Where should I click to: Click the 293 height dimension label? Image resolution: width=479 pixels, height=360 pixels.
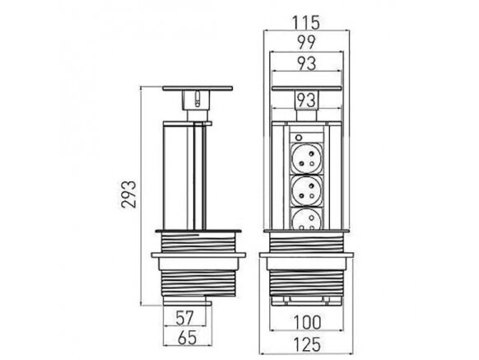[x=128, y=194]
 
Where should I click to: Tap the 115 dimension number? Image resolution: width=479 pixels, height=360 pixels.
[x=306, y=22]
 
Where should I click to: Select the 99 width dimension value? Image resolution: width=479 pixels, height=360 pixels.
[x=306, y=43]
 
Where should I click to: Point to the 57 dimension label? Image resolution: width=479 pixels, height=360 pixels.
[x=185, y=318]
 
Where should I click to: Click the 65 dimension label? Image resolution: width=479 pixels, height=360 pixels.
[x=188, y=338]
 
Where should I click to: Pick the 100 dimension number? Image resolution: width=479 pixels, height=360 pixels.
[x=307, y=322]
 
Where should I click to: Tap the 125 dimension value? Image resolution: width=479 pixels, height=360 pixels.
[x=307, y=344]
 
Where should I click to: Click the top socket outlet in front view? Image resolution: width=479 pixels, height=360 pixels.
[x=306, y=158]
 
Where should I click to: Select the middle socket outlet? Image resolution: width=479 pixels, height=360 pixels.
[x=306, y=190]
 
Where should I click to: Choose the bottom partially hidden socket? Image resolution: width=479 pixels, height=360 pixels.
[x=306, y=218]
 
